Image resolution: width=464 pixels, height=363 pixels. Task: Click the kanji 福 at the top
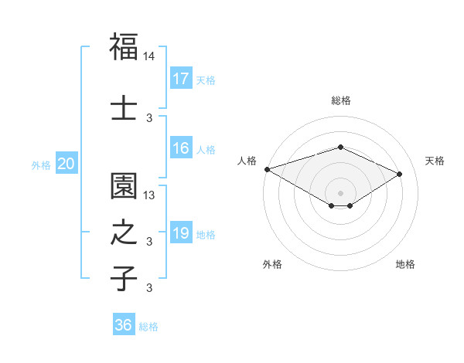pyautogui.click(x=124, y=46)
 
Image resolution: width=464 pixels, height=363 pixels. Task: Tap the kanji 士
pyautogui.click(x=124, y=107)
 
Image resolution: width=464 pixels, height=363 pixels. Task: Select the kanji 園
pyautogui.click(x=124, y=186)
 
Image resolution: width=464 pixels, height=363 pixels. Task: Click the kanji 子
pyautogui.click(x=124, y=278)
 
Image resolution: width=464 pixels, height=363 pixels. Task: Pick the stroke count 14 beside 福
pyautogui.click(x=150, y=56)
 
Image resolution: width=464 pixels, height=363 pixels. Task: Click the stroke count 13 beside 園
pyautogui.click(x=150, y=195)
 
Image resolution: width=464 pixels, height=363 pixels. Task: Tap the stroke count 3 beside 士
pyautogui.click(x=150, y=117)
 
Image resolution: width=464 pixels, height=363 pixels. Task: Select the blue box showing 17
pyautogui.click(x=181, y=79)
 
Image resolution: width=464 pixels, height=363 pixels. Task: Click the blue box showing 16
pyautogui.click(x=181, y=149)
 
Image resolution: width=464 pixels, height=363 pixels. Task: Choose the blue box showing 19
pyautogui.click(x=181, y=233)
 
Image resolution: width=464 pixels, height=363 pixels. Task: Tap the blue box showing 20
pyautogui.click(x=67, y=164)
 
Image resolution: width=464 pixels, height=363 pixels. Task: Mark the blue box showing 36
pyautogui.click(x=123, y=325)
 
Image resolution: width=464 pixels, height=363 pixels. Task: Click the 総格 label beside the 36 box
pyautogui.click(x=148, y=326)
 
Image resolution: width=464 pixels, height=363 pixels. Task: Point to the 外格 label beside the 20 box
pyautogui.click(x=41, y=165)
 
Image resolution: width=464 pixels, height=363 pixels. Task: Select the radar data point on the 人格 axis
pyautogui.click(x=267, y=169)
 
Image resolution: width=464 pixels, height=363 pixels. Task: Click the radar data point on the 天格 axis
pyautogui.click(x=400, y=174)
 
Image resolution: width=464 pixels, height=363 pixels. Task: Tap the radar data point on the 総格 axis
pyautogui.click(x=340, y=147)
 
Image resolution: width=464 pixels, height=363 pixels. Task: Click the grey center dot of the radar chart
pyautogui.click(x=340, y=192)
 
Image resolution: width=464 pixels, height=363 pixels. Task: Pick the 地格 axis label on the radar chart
pyautogui.click(x=405, y=264)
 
